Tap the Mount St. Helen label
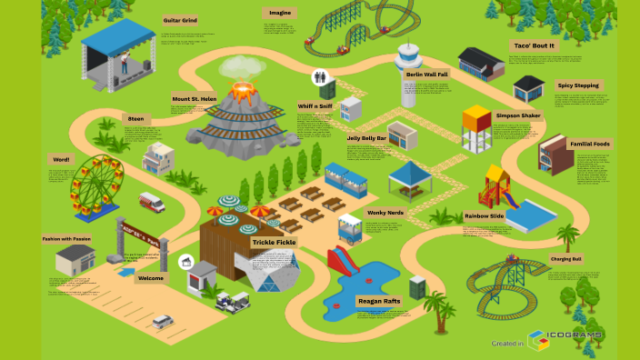tap(194, 100)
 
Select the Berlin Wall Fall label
tap(426, 74)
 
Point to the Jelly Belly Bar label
tap(366, 138)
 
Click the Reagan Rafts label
tap(379, 301)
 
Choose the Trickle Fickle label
tap(274, 242)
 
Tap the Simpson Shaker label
tap(518, 116)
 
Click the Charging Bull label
tap(565, 259)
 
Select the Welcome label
tap(150, 278)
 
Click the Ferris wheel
tap(96, 187)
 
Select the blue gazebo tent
tap(409, 179)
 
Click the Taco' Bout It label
tap(534, 45)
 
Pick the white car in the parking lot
tap(163, 321)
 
